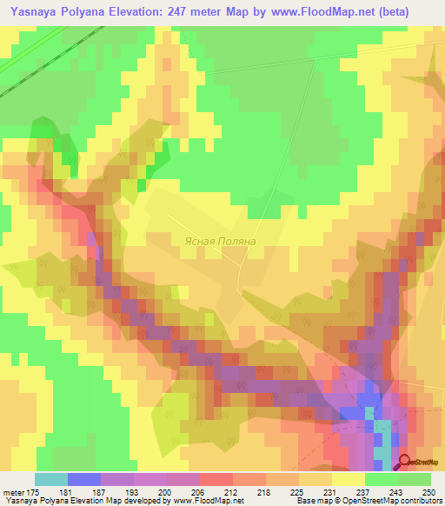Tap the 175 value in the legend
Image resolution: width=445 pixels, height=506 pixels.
click(35, 492)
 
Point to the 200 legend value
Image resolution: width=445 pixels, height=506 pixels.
click(150, 492)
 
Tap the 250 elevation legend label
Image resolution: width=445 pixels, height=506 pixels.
click(429, 492)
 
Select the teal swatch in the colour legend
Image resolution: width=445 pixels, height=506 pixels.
click(50, 479)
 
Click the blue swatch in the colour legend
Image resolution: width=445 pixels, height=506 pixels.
click(83, 479)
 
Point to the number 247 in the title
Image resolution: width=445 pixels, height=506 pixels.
click(208, 11)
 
